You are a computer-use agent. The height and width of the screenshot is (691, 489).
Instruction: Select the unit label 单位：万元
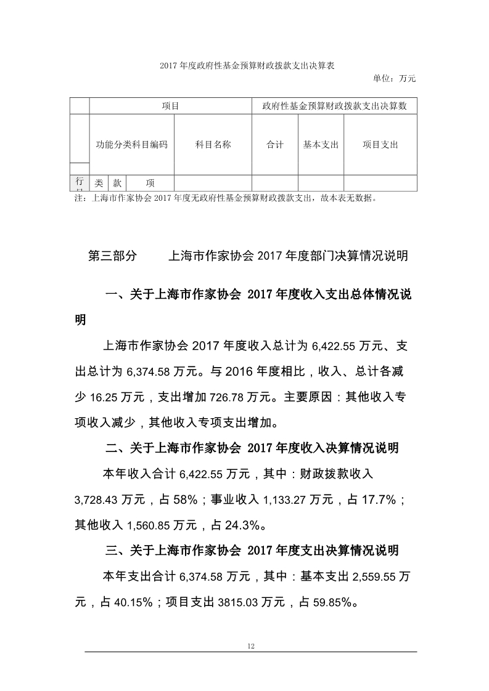pyautogui.click(x=395, y=78)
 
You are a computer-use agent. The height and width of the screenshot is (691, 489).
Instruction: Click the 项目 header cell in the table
pyautogui.click(x=170, y=106)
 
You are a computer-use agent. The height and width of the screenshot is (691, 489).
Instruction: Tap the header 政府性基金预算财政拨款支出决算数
pyautogui.click(x=334, y=106)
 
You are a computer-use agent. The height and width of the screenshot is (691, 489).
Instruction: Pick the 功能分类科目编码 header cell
pyautogui.click(x=132, y=145)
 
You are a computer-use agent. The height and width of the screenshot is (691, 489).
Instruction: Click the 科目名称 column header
pyautogui.click(x=213, y=145)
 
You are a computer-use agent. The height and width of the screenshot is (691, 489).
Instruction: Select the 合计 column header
pyautogui.click(x=275, y=145)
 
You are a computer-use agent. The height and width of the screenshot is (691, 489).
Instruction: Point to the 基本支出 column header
pyautogui.click(x=321, y=145)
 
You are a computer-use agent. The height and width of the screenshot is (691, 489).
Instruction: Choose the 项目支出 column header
pyautogui.click(x=380, y=145)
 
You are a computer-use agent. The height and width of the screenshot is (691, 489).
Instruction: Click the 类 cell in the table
pyautogui.click(x=99, y=183)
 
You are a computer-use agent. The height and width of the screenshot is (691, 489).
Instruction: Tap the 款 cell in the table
pyautogui.click(x=117, y=183)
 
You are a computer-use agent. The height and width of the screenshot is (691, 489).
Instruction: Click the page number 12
pyautogui.click(x=250, y=645)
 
